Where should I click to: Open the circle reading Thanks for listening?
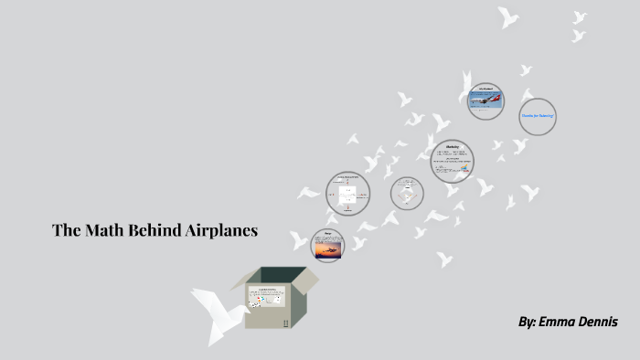click(x=538, y=116)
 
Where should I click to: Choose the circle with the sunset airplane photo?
click(x=328, y=246)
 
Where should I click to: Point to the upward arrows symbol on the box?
click(x=285, y=323)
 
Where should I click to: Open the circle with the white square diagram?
click(x=347, y=192)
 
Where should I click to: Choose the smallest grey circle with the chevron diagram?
click(x=407, y=193)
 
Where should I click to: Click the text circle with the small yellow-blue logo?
click(x=453, y=161)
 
